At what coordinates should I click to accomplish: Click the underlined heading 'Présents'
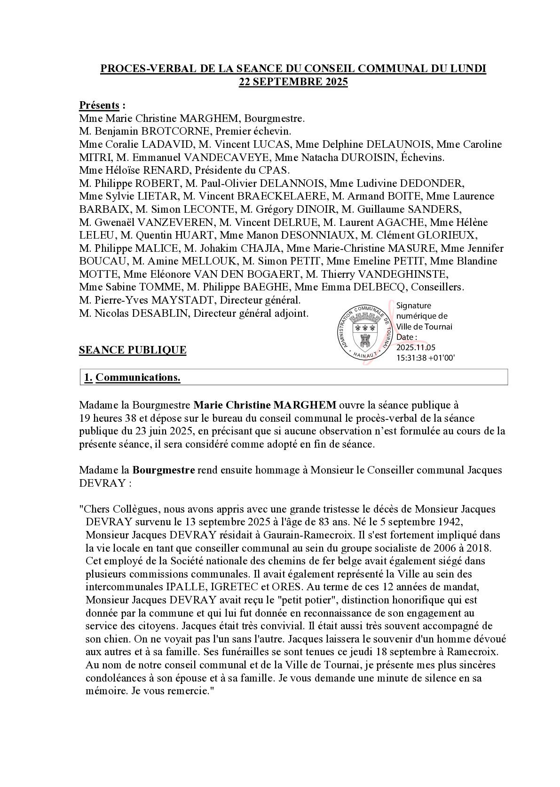(x=99, y=105)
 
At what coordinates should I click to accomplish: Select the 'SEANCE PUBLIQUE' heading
(x=133, y=350)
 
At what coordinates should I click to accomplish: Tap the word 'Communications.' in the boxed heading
(x=138, y=377)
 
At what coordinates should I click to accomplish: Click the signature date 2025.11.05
(x=416, y=347)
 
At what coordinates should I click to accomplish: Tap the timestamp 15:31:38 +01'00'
(x=426, y=358)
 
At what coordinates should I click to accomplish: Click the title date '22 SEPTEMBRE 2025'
(x=293, y=81)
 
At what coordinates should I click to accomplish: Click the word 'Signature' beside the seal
(x=414, y=305)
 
